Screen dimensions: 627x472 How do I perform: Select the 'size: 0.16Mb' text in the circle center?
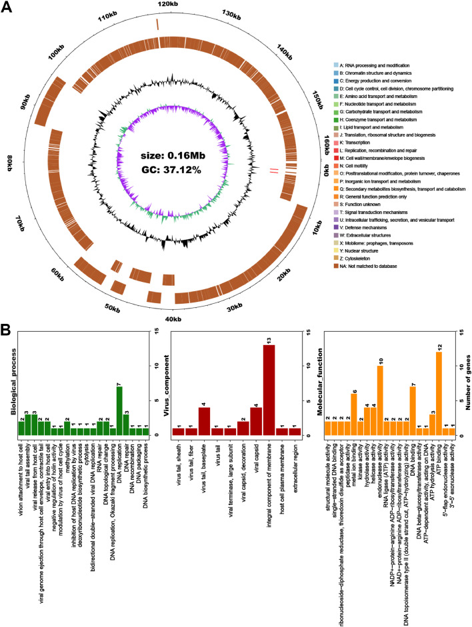[x=169, y=155]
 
